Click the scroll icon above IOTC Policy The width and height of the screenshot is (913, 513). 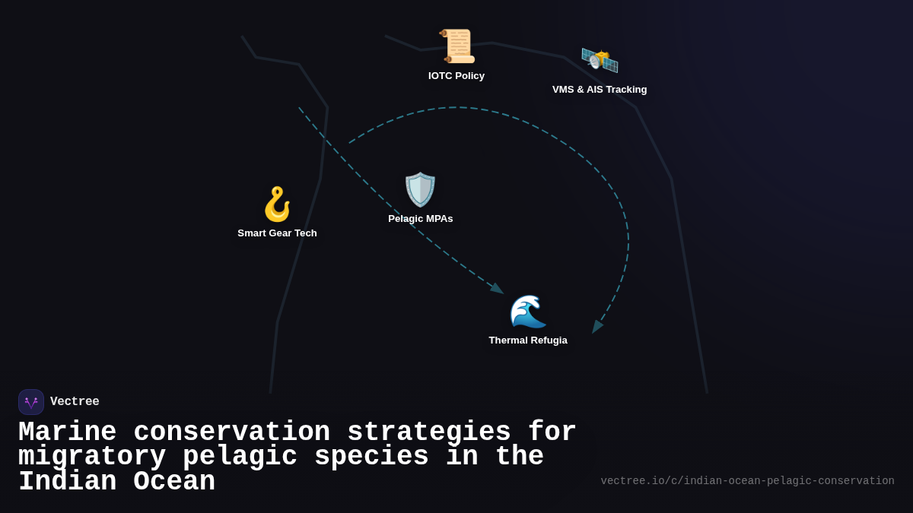tap(457, 46)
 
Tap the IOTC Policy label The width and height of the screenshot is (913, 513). tap(456, 76)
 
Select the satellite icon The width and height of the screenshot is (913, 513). tap(600, 59)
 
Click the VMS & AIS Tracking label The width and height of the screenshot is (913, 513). tap(600, 90)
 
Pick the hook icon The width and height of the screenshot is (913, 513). tap(277, 204)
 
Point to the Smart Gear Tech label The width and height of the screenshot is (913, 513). tap(277, 233)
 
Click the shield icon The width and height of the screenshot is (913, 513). tap(420, 189)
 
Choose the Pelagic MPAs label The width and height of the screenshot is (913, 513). tap(421, 219)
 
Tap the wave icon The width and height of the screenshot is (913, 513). tap(528, 311)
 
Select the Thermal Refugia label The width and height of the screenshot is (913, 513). tap(528, 340)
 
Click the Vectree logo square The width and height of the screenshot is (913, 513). tap(31, 402)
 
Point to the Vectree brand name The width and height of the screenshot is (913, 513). tap(75, 402)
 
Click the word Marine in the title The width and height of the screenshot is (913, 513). tap(67, 432)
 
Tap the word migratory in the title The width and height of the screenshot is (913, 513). tap(92, 457)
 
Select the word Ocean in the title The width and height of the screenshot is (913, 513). tap(174, 482)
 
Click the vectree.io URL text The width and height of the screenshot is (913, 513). tap(747, 481)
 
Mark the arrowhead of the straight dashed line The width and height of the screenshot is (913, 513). tap(498, 289)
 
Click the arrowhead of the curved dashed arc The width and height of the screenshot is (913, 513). tap(597, 327)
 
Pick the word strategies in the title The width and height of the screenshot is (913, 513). tap(429, 432)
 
